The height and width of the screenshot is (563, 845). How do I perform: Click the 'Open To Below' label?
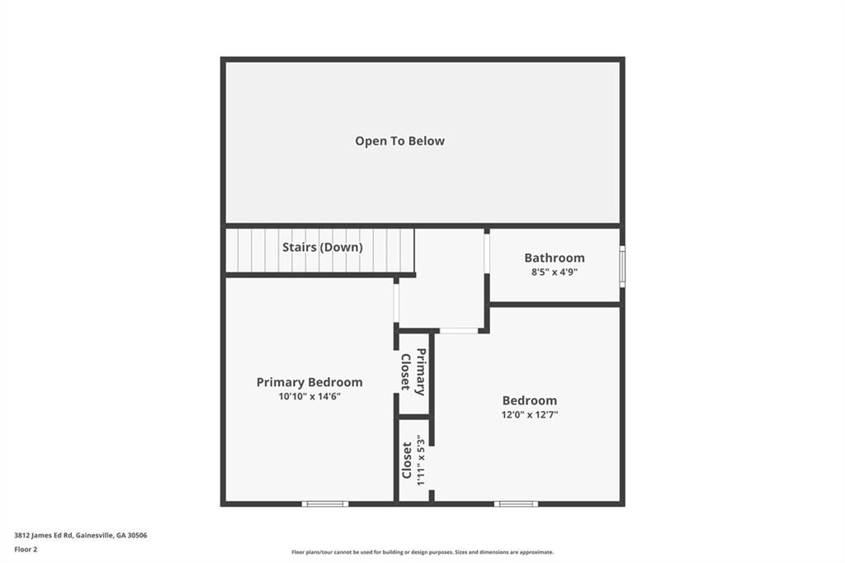pyautogui.click(x=399, y=141)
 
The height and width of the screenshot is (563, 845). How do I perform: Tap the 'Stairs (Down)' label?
pyautogui.click(x=322, y=247)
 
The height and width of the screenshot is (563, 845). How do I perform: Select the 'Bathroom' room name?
pyautogui.click(x=554, y=258)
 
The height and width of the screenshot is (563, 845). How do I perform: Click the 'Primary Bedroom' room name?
pyautogui.click(x=309, y=382)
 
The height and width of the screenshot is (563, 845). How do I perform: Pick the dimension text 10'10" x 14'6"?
pyautogui.click(x=309, y=396)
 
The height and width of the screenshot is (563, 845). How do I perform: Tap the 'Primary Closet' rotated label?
pyautogui.click(x=413, y=371)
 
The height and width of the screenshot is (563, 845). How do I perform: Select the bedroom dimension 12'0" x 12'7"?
pyautogui.click(x=530, y=414)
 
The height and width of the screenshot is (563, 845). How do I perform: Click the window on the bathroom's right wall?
pyautogui.click(x=621, y=265)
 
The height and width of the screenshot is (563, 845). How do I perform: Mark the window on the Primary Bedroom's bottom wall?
pyautogui.click(x=324, y=503)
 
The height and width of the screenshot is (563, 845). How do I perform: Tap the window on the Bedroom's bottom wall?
pyautogui.click(x=516, y=503)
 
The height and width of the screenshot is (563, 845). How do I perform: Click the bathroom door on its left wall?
pyautogui.click(x=487, y=254)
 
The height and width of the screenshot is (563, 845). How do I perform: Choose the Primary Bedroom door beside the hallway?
pyautogui.click(x=396, y=303)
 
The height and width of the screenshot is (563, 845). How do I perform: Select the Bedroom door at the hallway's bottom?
pyautogui.click(x=458, y=330)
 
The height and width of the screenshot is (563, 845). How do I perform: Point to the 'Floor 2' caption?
pyautogui.click(x=26, y=548)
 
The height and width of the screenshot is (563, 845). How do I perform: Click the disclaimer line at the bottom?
pyautogui.click(x=422, y=552)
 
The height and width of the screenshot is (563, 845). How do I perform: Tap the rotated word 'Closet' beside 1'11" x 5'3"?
pyautogui.click(x=407, y=460)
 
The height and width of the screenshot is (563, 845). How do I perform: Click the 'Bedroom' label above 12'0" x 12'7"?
pyautogui.click(x=530, y=400)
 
